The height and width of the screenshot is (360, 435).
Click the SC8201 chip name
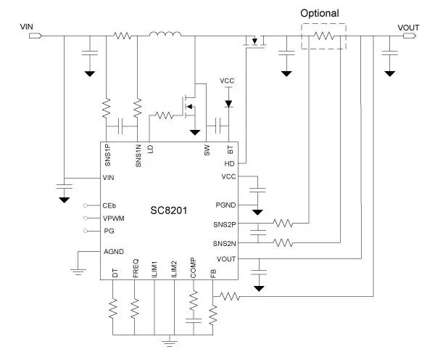tap(169, 210)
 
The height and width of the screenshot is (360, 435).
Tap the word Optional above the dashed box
tap(320, 13)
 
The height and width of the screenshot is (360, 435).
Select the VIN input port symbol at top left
tap(36, 36)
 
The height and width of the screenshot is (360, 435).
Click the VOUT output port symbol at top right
tap(410, 36)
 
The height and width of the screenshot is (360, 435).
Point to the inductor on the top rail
tap(165, 34)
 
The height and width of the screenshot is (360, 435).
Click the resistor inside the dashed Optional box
tap(323, 36)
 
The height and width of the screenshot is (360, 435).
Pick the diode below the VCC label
tap(228, 104)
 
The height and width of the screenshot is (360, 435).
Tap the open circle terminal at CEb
tap(86, 205)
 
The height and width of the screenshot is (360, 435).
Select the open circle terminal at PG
tap(86, 231)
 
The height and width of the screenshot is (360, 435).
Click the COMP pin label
tap(193, 268)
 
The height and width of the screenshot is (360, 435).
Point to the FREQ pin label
tap(136, 269)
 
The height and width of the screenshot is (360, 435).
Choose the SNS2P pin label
tap(225, 224)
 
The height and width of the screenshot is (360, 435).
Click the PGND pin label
tap(225, 205)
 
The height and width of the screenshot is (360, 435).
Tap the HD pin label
tap(229, 164)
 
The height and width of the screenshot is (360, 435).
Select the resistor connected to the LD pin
tap(165, 115)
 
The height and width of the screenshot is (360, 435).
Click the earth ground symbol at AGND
tap(78, 271)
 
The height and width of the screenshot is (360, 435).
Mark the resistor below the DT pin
tap(113, 308)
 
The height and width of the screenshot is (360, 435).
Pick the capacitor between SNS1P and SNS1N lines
tap(120, 126)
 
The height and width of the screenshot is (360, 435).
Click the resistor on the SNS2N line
tap(283, 242)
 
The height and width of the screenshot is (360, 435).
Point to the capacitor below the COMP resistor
tap(194, 321)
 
